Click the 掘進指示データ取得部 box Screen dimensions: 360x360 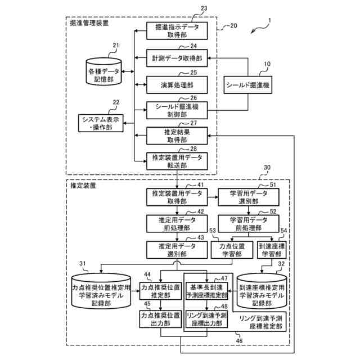click(177, 31)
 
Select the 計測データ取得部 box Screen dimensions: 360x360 click(177, 58)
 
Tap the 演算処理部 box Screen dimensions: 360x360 click(177, 85)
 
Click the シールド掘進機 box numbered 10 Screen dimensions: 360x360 click(247, 85)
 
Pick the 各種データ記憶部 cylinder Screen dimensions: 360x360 click(103, 71)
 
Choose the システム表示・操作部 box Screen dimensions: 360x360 click(101, 123)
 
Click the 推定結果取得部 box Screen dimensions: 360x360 click(177, 136)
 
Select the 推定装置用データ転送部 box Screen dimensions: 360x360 click(177, 161)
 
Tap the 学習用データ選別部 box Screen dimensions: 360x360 click(249, 197)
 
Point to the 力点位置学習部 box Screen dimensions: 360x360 click(232, 250)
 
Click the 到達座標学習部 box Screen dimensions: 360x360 click(272, 250)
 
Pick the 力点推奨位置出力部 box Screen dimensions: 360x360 click(160, 319)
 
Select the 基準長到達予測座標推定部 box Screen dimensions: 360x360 click(206, 291)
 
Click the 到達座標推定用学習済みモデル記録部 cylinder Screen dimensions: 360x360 click(262, 291)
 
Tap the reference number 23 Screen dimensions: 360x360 click(204, 8)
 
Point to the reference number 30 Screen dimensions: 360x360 click(267, 168)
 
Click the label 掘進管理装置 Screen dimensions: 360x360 click(89, 23)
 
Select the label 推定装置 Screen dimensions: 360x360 click(83, 186)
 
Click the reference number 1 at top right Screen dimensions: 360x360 click(270, 21)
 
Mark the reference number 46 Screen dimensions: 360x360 click(239, 341)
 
